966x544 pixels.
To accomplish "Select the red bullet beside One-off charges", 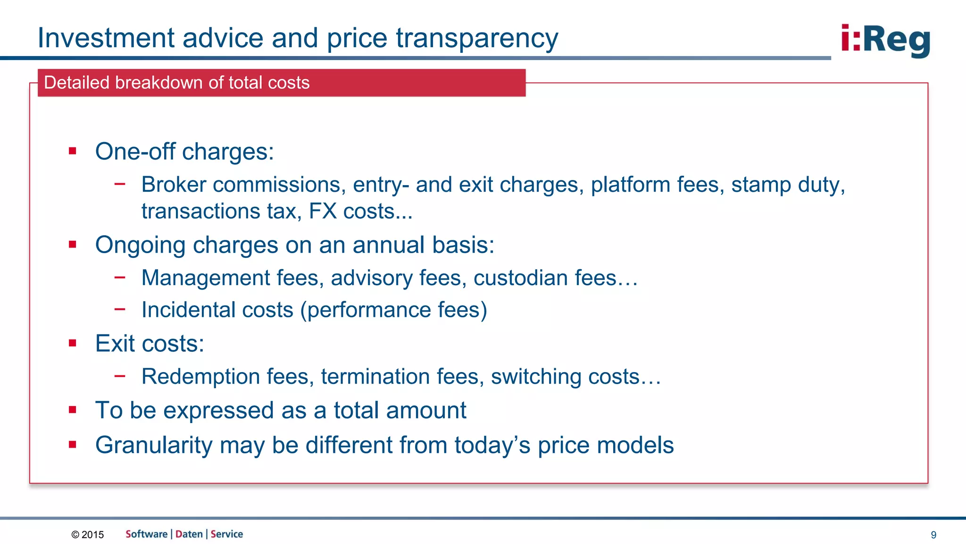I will [72, 151].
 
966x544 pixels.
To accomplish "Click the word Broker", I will [174, 185].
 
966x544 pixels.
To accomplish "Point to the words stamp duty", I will [787, 185].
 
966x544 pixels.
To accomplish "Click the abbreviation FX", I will [323, 211].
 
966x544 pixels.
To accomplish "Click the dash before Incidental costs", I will [120, 309].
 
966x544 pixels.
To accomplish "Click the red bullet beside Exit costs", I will [72, 343].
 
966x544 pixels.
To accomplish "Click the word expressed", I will [218, 410].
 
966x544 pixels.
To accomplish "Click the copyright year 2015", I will [92, 535].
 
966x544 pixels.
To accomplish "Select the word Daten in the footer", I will [189, 534].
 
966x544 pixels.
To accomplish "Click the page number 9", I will [933, 535].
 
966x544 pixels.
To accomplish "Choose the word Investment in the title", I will [106, 38].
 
